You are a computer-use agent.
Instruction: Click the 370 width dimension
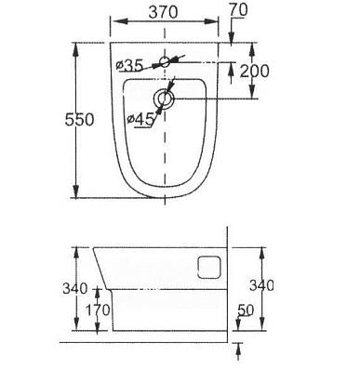coord(163,12)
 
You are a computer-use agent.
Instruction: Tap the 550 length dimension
coord(79,120)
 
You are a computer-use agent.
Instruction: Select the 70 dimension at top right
coord(239,10)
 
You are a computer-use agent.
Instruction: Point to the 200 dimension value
coord(254,72)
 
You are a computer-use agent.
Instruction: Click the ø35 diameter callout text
coord(129,65)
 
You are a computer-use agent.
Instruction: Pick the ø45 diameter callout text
coord(140,119)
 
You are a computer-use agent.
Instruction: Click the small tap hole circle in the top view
coord(165,62)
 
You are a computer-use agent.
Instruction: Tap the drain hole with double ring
coord(164,99)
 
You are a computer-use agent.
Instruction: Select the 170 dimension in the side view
coord(98,310)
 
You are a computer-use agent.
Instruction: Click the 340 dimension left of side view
coord(75,289)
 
